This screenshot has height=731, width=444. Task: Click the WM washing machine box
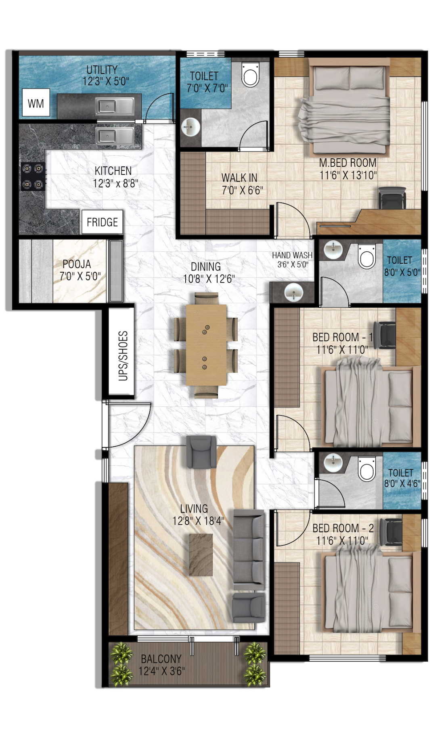pyautogui.click(x=36, y=103)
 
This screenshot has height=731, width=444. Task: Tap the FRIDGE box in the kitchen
pyautogui.click(x=102, y=222)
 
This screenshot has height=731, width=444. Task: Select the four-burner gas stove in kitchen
pyautogui.click(x=33, y=176)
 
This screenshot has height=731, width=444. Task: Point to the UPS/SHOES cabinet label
pyautogui.click(x=123, y=356)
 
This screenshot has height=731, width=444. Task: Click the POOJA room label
pyautogui.click(x=77, y=264)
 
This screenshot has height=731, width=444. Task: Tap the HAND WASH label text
pyautogui.click(x=292, y=255)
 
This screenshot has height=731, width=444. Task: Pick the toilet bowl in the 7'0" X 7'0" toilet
pyautogui.click(x=250, y=75)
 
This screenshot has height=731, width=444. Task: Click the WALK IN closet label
pyautogui.click(x=239, y=178)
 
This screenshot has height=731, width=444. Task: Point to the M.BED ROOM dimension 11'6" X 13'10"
pyautogui.click(x=348, y=175)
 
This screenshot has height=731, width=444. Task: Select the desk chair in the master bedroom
pyautogui.click(x=392, y=198)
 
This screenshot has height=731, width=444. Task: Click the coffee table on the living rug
pyautogui.click(x=201, y=555)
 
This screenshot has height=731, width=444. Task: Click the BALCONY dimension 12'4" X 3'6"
pyautogui.click(x=161, y=671)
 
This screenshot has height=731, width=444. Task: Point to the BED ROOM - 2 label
pyautogui.click(x=343, y=528)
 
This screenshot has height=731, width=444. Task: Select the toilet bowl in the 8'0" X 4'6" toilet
pyautogui.click(x=367, y=471)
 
